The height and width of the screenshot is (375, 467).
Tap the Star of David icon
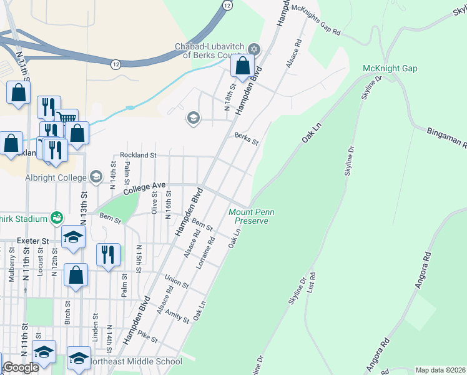(254, 49)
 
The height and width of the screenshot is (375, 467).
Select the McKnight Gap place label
(390, 68)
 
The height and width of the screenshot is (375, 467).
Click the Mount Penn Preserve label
(252, 217)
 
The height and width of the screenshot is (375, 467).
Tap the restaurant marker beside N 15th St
(109, 254)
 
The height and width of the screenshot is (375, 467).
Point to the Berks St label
(246, 138)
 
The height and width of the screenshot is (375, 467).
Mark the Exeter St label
(33, 240)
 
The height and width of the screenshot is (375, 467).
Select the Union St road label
(177, 281)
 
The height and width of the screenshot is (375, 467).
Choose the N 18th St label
(230, 94)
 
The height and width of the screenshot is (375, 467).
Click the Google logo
(21, 367)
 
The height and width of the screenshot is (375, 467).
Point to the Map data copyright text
(441, 370)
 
